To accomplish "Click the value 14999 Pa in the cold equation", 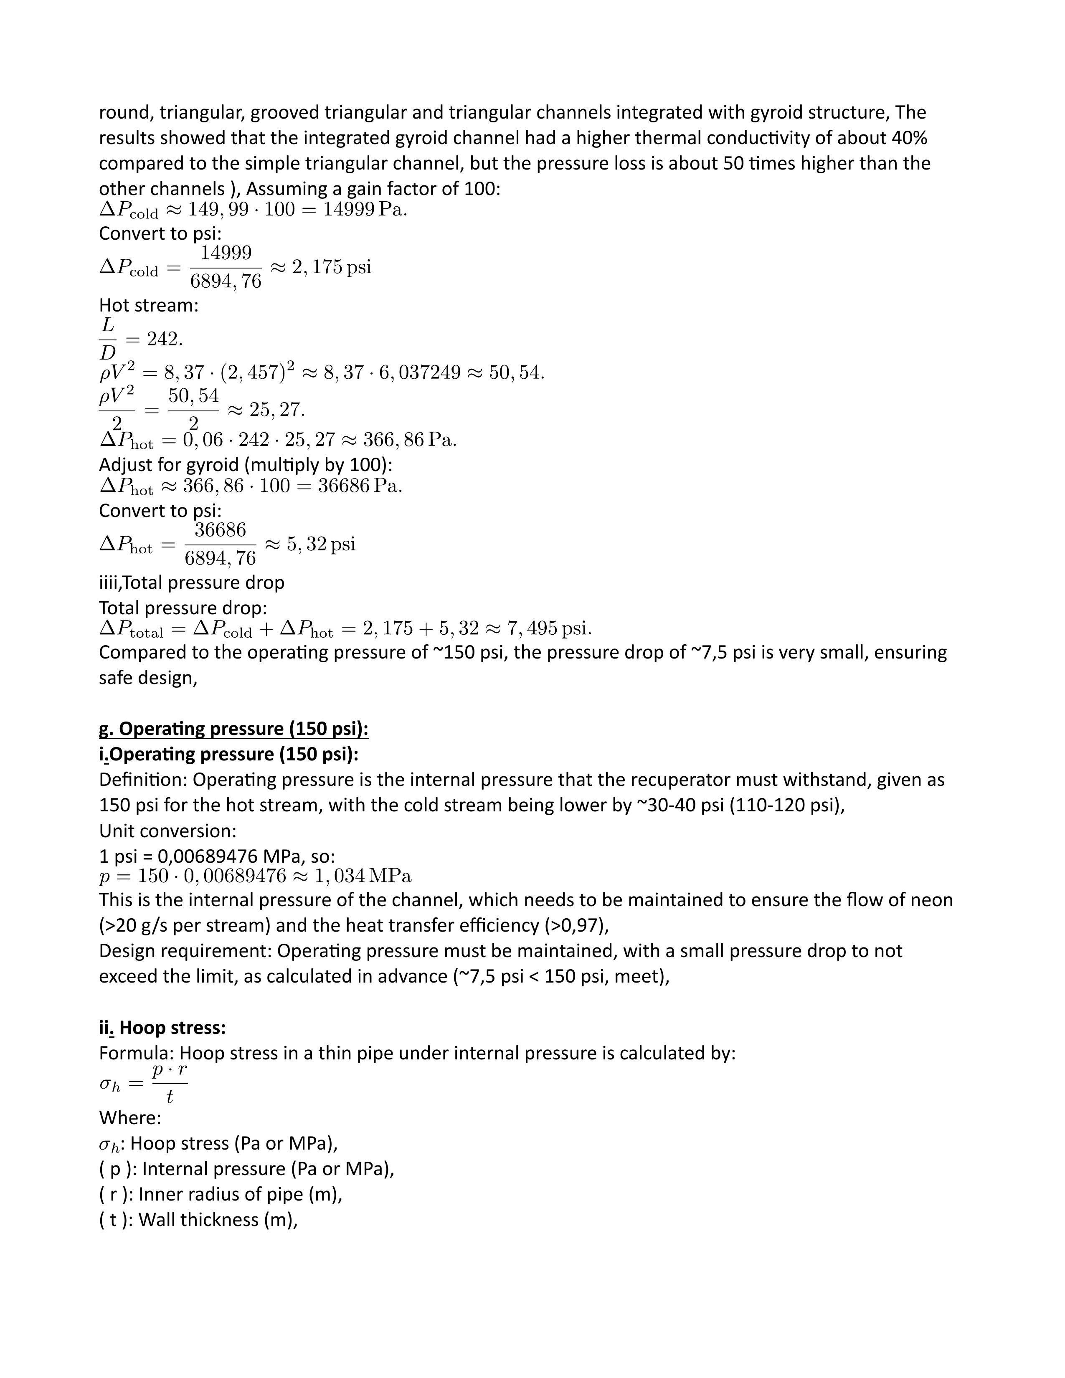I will [365, 210].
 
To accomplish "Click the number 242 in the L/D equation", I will [163, 339].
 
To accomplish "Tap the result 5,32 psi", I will [321, 544].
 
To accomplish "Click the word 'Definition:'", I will [143, 780].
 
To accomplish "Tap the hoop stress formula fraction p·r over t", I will [169, 1084].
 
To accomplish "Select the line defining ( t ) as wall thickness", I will [198, 1220].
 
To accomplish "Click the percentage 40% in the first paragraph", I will [909, 137].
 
